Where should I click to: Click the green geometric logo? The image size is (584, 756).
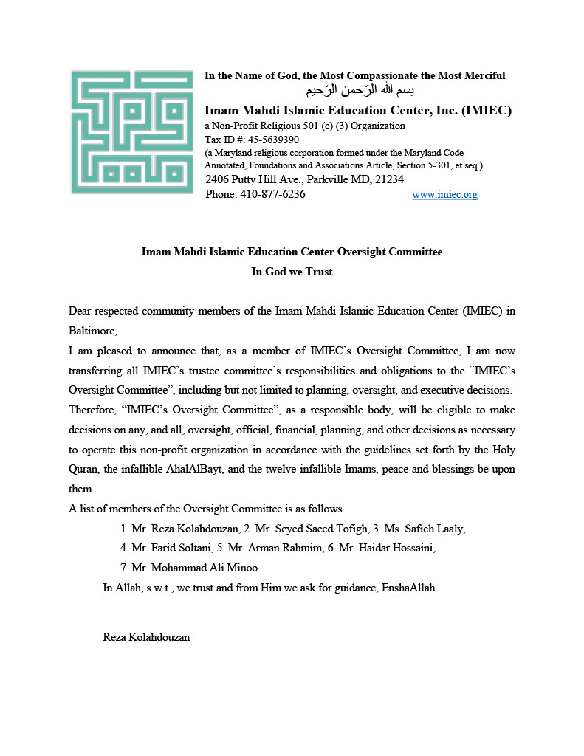(131, 132)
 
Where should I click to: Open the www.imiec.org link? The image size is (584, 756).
(444, 195)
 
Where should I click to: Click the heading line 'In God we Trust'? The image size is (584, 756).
(292, 272)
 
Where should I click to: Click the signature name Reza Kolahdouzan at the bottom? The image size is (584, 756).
(146, 636)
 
